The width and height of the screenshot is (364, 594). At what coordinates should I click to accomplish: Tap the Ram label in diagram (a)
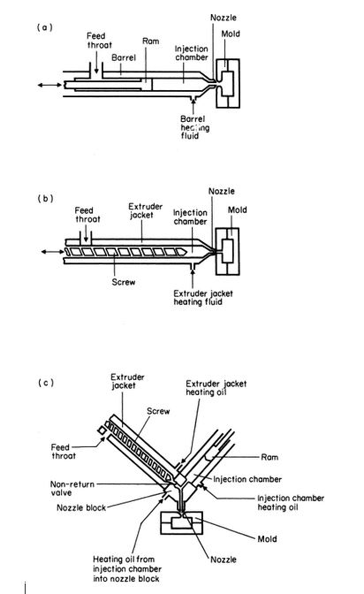tap(150, 42)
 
